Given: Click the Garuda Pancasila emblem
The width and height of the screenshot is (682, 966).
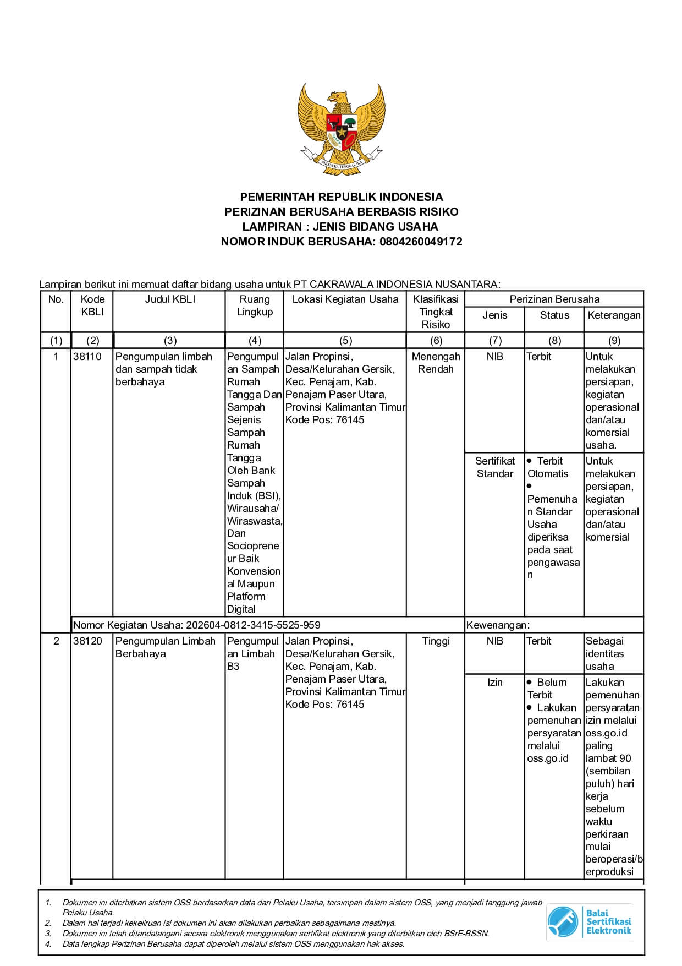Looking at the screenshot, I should (341, 130).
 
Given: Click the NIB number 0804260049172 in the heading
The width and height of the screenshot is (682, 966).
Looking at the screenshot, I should (421, 241).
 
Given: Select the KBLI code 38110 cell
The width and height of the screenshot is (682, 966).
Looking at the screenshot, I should (87, 357).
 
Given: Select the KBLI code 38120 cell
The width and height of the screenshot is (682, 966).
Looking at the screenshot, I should (87, 641).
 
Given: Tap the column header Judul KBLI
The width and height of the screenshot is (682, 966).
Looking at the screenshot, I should (169, 299).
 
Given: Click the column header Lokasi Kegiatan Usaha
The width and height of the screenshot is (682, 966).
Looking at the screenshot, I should (345, 299).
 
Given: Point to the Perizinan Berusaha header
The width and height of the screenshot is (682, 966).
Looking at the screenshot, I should (554, 299).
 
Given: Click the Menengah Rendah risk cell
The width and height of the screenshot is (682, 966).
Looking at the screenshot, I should (436, 363).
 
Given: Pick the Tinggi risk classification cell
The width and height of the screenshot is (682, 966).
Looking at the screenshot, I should (436, 641).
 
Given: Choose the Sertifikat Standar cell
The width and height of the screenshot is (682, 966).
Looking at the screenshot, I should (494, 467).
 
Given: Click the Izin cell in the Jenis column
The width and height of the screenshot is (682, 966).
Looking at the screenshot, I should (494, 683).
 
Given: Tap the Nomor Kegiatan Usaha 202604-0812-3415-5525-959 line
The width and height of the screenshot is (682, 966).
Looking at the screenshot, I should (197, 625).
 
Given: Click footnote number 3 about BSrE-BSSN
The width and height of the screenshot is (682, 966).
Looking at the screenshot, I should (275, 934).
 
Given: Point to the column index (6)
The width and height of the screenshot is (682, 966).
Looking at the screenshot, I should (436, 341).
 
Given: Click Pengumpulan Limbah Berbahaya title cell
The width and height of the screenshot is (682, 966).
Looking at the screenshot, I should (165, 647).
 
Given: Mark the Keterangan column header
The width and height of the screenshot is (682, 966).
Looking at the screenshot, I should (614, 315).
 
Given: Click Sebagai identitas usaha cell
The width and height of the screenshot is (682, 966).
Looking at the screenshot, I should (605, 653).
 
